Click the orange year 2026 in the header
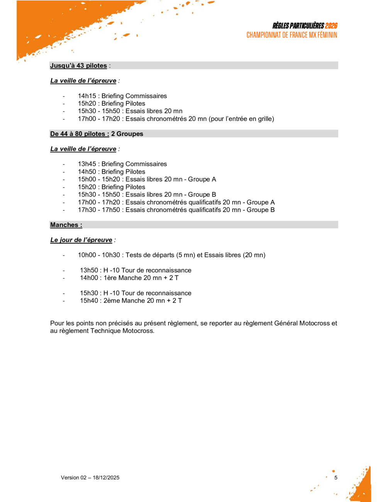[x=331, y=25]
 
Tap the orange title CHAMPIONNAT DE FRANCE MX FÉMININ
[x=292, y=35]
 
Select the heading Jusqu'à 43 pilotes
[x=78, y=66]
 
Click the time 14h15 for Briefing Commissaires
[x=87, y=96]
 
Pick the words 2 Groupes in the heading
[x=127, y=134]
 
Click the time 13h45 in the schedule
[x=87, y=164]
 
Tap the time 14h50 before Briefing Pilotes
[x=87, y=172]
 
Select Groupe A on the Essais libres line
[x=202, y=179]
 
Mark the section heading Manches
[x=66, y=225]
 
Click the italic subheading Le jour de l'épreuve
[x=81, y=240]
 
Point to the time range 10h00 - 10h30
[x=99, y=255]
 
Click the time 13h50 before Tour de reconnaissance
[x=89, y=270]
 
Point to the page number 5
[x=336, y=478]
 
